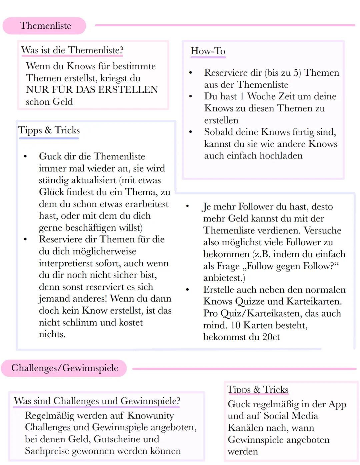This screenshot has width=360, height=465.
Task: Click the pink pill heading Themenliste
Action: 45,26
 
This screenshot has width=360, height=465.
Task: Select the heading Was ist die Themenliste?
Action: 72,50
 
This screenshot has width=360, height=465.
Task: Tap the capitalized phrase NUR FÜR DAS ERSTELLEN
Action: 92,90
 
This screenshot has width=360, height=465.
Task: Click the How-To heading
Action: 208,51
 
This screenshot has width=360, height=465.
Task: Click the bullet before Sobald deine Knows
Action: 191,132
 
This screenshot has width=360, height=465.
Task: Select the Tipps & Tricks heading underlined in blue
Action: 49,130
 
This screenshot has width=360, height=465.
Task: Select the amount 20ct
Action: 271,337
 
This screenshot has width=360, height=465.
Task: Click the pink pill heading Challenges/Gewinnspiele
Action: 65,368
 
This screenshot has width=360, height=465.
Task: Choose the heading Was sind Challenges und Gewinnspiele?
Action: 97,401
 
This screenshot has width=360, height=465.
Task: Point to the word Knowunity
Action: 151,416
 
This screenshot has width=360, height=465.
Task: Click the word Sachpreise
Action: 47,451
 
